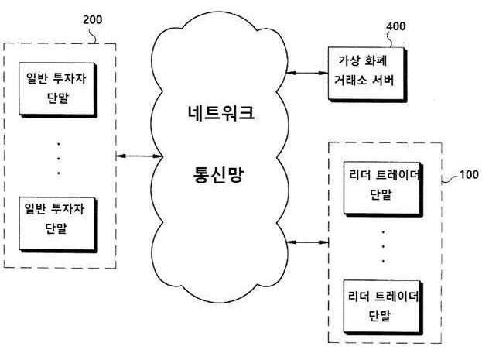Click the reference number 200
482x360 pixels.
pyautogui.click(x=93, y=19)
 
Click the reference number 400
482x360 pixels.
pyautogui.click(x=396, y=26)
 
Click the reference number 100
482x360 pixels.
pyautogui.click(x=469, y=174)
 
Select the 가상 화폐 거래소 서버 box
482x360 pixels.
pyautogui.click(x=367, y=74)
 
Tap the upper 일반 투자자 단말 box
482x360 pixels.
pyautogui.click(x=58, y=90)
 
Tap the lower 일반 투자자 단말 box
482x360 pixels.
pyautogui.click(x=58, y=225)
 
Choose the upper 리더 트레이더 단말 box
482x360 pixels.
pyautogui.click(x=383, y=189)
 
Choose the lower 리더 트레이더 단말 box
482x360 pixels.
pyautogui.click(x=383, y=307)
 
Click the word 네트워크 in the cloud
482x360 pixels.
pyautogui.click(x=221, y=112)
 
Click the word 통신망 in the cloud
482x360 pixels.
pyautogui.click(x=218, y=175)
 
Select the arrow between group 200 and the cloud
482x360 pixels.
pyautogui.click(x=139, y=156)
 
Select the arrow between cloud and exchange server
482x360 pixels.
pyautogui.click(x=307, y=73)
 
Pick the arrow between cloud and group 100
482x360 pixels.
pyautogui.click(x=307, y=242)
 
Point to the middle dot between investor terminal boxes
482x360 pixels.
pyautogui.click(x=58, y=159)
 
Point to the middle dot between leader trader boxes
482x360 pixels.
pyautogui.click(x=383, y=247)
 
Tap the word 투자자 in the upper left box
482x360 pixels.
pyautogui.click(x=70, y=78)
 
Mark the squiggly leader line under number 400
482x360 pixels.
pyautogui.click(x=391, y=39)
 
